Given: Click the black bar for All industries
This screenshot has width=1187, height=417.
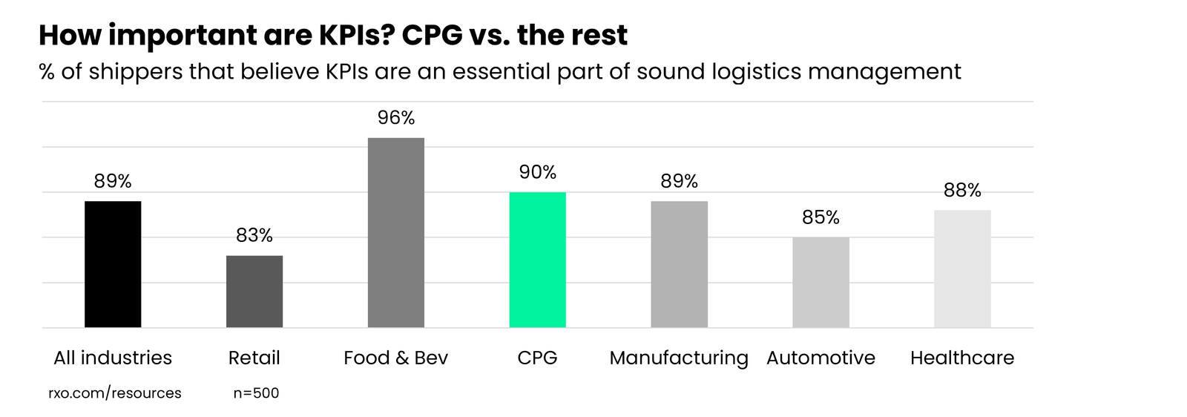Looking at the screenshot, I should [x=113, y=264].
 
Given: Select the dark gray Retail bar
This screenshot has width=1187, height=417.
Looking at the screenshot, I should [x=254, y=292].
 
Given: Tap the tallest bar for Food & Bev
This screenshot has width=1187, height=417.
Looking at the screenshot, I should [x=396, y=232].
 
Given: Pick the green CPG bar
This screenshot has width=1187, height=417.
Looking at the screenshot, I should [x=537, y=260].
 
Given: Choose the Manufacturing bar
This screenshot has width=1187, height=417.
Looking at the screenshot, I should [x=679, y=264].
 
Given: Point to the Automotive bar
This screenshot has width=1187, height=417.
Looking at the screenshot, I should [x=821, y=283].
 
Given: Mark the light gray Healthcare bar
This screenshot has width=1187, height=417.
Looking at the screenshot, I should [x=962, y=269].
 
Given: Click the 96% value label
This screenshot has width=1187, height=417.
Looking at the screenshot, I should [x=396, y=118].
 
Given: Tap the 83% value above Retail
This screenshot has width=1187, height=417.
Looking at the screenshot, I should [x=254, y=235].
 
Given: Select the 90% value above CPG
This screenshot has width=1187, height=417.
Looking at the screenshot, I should [x=537, y=172].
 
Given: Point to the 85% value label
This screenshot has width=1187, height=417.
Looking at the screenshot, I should [x=821, y=217].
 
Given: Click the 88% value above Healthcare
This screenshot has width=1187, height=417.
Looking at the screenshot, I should [x=962, y=191].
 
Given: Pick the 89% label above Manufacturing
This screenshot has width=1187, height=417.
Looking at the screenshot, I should [x=679, y=181].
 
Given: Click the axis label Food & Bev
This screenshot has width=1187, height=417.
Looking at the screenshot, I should [x=395, y=358].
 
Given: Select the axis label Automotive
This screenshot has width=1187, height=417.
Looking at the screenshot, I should [x=821, y=358].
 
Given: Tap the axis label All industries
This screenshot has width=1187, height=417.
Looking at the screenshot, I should [x=113, y=358].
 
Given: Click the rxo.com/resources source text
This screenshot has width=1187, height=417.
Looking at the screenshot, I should [x=115, y=393].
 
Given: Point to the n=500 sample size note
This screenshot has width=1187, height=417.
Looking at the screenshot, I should [x=256, y=393].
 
